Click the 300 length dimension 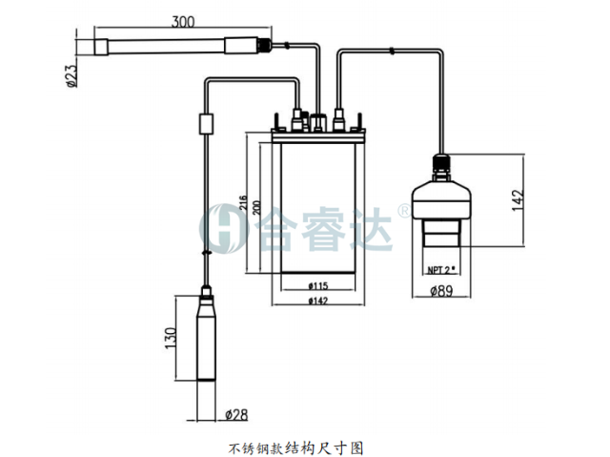pos(183,21)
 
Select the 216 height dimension pos(243,202)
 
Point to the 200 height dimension pos(256,207)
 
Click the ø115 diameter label pos(318,286)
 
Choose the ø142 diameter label pos(318,301)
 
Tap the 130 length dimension pos(171,338)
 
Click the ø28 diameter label pos(236,415)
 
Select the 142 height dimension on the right pos(518,200)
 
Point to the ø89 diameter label pos(441,291)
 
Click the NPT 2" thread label pos(441,270)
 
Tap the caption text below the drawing pos(295,448)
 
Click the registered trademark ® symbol pos(403,211)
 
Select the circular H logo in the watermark pos(224,229)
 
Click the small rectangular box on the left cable pos(206,124)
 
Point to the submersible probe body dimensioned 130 pos(206,338)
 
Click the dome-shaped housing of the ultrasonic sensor pos(441,200)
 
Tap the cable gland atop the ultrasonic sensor pos(441,167)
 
